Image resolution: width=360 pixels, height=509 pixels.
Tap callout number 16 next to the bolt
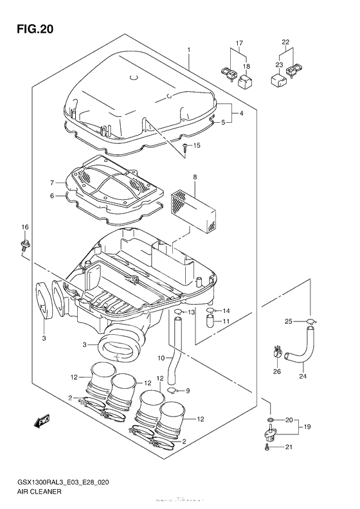(25, 228)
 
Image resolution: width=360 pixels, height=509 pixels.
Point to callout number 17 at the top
(239, 43)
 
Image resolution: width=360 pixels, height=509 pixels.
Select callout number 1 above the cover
(189, 49)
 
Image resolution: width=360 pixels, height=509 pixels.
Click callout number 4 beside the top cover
(242, 113)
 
